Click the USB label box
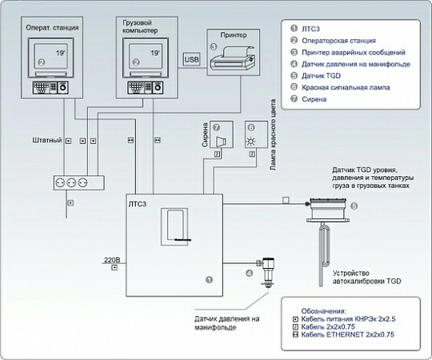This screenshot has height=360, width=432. [x=191, y=59]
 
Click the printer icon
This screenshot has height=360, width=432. [x=233, y=59]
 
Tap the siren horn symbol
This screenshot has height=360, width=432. [x=222, y=142]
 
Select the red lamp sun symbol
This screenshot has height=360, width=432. [x=250, y=142]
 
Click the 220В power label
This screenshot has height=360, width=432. [x=112, y=260]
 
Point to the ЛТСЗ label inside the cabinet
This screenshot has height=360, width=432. [x=138, y=204]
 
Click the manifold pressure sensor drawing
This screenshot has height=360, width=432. [x=266, y=273]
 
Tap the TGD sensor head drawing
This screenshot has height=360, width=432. [x=328, y=210]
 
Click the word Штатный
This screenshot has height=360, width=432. [x=47, y=140]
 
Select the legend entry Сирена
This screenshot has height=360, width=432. [x=314, y=99]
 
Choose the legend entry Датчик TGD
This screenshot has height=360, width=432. [x=321, y=76]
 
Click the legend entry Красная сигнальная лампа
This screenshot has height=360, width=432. [x=346, y=87]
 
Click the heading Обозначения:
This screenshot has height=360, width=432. [x=323, y=311]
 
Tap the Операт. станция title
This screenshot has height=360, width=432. [x=52, y=27]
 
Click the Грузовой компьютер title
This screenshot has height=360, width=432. [x=140, y=26]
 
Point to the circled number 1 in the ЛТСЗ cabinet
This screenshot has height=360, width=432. [x=209, y=280]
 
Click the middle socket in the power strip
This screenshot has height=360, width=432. [x=71, y=182]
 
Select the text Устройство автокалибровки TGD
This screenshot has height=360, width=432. [x=366, y=277]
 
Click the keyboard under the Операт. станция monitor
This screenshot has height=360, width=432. [x=50, y=87]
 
